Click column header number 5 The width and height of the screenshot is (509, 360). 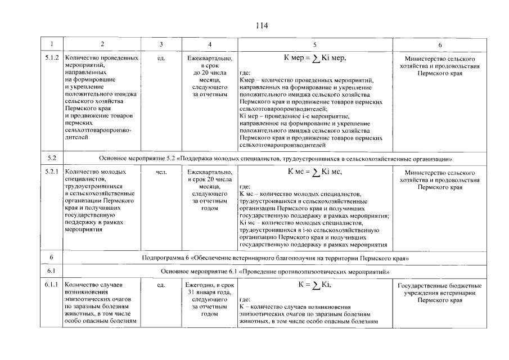tap(314, 44)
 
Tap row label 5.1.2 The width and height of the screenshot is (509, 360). tap(52, 58)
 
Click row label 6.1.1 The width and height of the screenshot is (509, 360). tap(52, 286)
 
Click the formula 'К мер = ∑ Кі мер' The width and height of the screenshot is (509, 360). tap(314, 58)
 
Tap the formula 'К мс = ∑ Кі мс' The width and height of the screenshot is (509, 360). tap(314, 172)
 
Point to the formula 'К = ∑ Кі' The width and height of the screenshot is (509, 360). tap(314, 285)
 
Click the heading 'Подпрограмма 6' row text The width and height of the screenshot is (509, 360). tap(275, 258)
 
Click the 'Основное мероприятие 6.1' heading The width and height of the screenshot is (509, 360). tap(275, 272)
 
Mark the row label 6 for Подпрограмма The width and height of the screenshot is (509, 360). tap(52, 258)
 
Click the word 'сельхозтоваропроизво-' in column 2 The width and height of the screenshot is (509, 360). tap(98, 129)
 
